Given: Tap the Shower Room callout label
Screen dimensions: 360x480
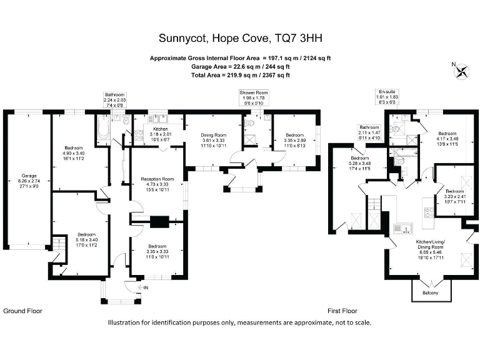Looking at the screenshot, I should (254, 97).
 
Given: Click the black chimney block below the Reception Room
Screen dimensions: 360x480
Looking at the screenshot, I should (161, 221).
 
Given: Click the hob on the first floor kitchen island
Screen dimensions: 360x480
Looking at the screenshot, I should (429, 212).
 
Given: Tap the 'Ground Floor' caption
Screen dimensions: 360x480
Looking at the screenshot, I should (23, 311).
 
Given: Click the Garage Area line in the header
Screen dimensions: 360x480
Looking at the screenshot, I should (240, 67).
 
